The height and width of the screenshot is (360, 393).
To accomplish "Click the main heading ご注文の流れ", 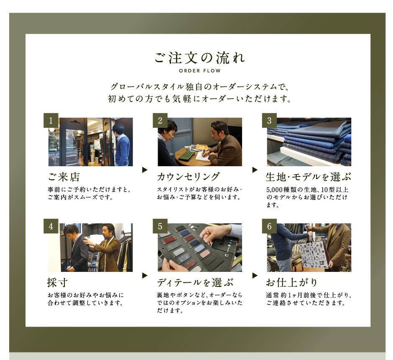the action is [x=200, y=58].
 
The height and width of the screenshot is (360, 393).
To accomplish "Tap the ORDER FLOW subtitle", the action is [x=200, y=71].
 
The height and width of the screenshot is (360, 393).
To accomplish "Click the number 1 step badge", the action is [x=51, y=120].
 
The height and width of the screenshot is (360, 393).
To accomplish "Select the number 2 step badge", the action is [x=160, y=120].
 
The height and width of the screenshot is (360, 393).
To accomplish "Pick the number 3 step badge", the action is [x=269, y=120].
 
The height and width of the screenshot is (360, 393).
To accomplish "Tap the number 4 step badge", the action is [x=51, y=226].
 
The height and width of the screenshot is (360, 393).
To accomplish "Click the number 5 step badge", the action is [x=160, y=226].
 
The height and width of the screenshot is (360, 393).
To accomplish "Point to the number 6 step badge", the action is [x=269, y=226].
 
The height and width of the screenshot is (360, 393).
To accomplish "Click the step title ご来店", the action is [x=64, y=177].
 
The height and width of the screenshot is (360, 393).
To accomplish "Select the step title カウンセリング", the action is [x=189, y=177].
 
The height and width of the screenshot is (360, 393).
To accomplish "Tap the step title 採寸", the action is [x=57, y=283].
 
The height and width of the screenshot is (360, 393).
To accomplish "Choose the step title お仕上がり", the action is [x=292, y=283].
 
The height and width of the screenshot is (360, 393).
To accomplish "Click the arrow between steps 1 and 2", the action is [x=145, y=170].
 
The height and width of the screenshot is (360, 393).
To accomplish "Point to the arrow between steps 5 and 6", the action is [x=255, y=275].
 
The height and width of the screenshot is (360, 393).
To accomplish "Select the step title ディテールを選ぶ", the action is [x=195, y=283].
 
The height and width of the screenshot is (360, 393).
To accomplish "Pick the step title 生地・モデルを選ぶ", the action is [x=309, y=177].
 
